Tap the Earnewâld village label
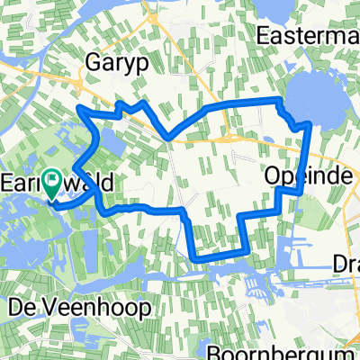coord(61,183)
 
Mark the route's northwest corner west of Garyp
coord(81,109)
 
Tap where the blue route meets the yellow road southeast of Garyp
coord(168,138)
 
